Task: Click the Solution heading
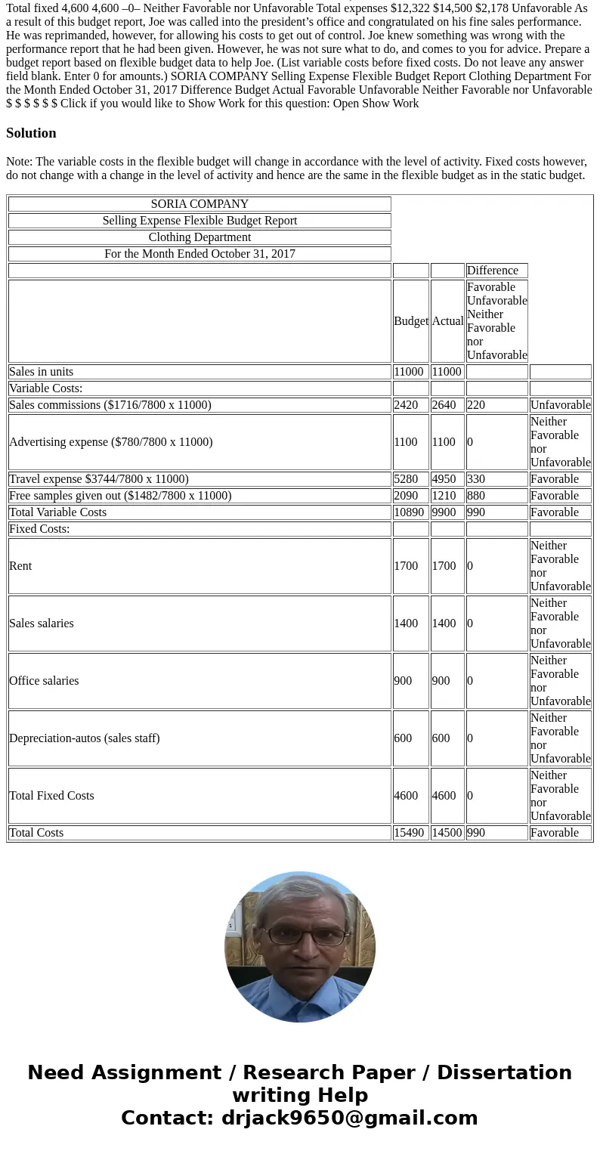pos(31,133)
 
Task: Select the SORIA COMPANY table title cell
pos(199,204)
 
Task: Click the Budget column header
pos(410,321)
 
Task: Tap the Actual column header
pos(447,321)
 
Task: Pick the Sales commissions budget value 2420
pos(406,405)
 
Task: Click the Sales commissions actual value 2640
pos(444,405)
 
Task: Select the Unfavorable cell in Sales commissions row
pos(560,405)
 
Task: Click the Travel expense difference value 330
pos(476,479)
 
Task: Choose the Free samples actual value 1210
pos(444,496)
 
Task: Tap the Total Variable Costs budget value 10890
pos(409,512)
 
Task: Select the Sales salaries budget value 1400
pos(406,623)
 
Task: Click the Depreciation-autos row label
pos(85,738)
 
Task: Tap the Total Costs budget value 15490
pos(409,833)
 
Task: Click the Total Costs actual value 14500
pos(447,833)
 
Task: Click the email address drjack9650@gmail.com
pos(349,1118)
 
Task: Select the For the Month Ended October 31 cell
pos(199,254)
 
